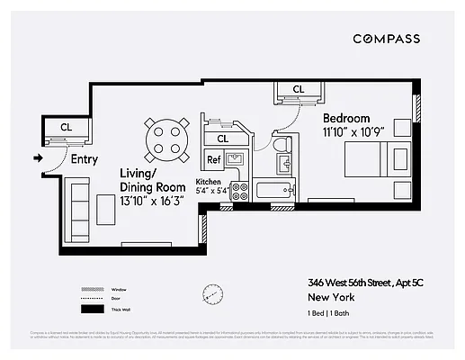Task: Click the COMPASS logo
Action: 386,39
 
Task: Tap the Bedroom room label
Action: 346,118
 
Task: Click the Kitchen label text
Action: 208,181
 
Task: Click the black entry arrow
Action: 37,159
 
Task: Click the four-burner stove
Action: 239,190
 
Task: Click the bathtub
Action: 273,190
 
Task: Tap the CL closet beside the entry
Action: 66,128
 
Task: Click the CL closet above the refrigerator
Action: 222,139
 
